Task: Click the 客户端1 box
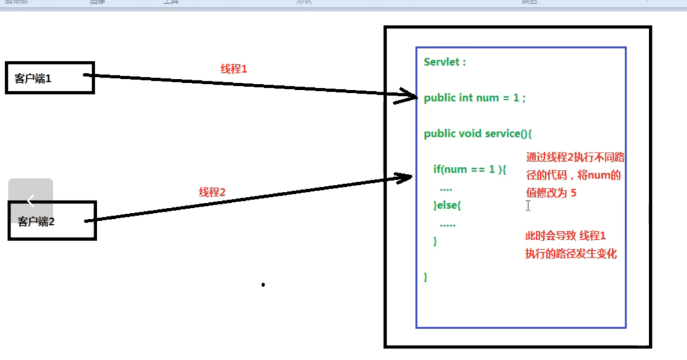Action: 50,78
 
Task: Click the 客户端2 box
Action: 52,221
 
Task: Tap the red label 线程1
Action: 233,69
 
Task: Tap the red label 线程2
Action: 212,192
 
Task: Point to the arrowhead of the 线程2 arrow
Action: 407,176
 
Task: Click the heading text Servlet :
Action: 445,62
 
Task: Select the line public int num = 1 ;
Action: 475,98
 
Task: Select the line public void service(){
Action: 478,133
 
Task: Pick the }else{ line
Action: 448,205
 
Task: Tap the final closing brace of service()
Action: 425,277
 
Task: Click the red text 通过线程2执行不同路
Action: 575,157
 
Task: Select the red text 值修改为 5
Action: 550,193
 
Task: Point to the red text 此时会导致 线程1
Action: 565,237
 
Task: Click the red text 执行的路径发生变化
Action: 571,254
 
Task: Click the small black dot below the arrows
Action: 263,285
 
